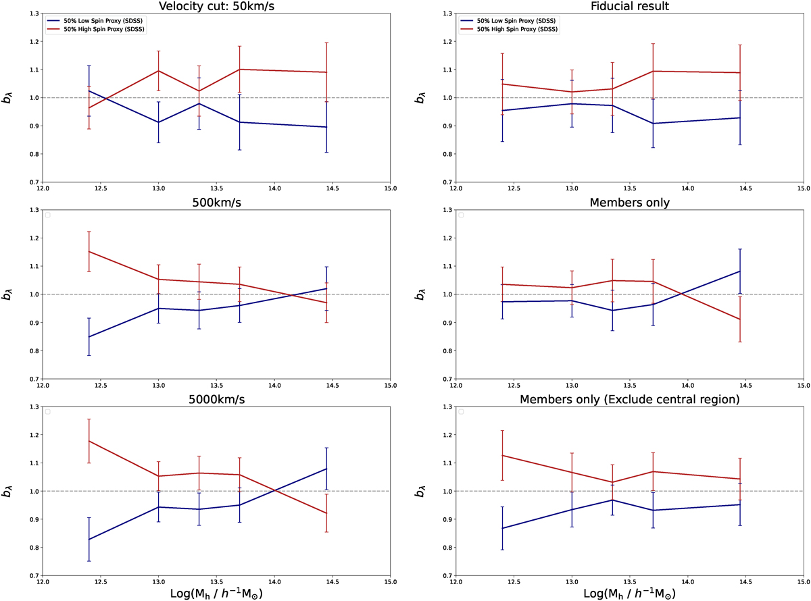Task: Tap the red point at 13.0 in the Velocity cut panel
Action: click(x=159, y=71)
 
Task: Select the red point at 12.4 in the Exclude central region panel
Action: click(x=501, y=455)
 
